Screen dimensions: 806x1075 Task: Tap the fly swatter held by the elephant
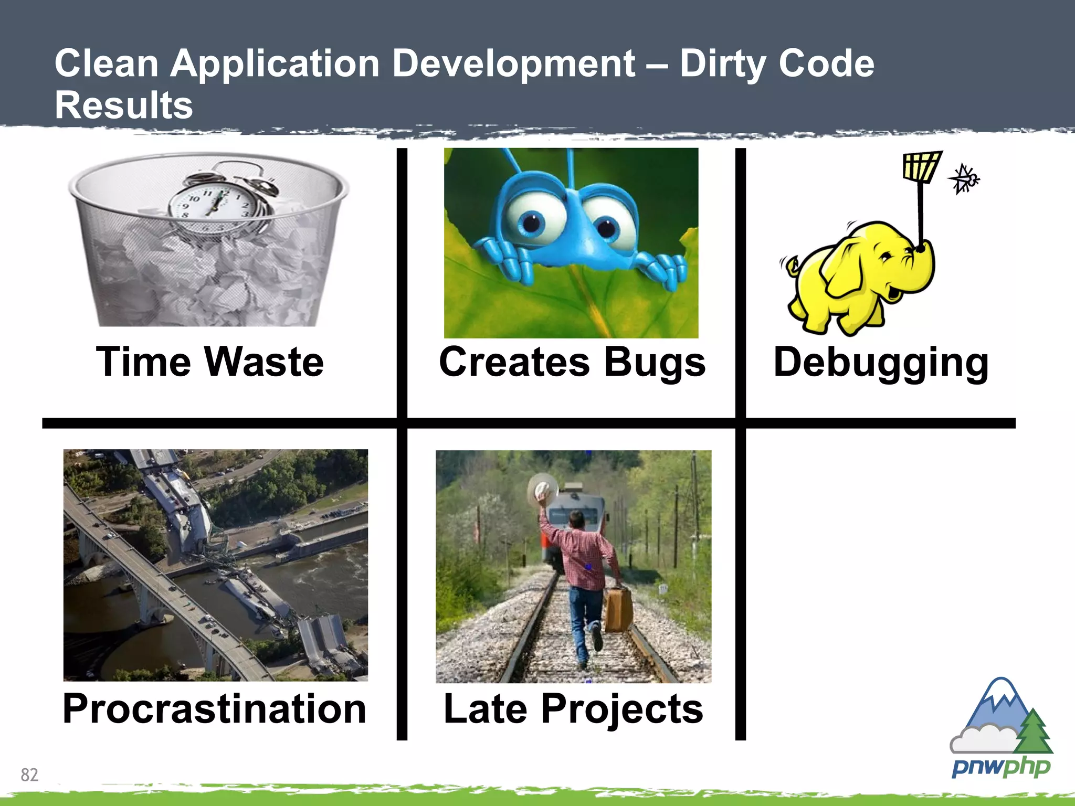click(922, 167)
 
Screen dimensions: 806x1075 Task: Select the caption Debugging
click(881, 362)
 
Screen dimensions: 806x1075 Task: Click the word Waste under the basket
click(264, 362)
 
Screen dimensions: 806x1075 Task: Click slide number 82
click(29, 775)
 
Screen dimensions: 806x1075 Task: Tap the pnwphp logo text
click(1000, 767)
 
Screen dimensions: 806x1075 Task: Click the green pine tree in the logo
click(1033, 732)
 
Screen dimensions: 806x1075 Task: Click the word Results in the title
click(124, 105)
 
